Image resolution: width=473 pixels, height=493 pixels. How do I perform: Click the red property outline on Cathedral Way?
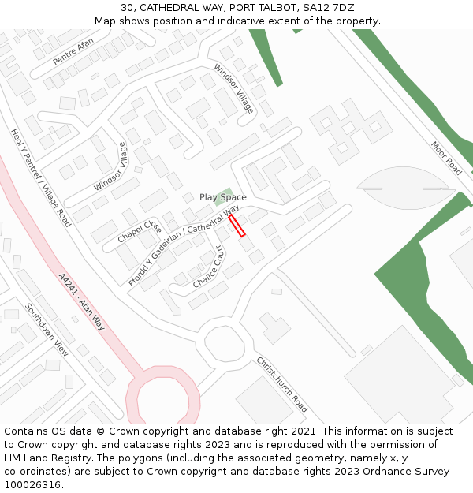[237, 226]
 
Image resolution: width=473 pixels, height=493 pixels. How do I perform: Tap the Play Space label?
[222, 197]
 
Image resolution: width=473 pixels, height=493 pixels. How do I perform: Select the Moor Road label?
[446, 158]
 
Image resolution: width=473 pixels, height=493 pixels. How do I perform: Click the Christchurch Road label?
[281, 384]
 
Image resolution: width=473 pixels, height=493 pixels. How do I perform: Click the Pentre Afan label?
[73, 51]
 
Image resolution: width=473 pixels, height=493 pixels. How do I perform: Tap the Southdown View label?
[47, 329]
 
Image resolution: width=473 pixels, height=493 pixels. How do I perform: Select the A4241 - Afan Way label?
[82, 301]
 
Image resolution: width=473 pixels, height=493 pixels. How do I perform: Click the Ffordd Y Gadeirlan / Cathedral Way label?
[184, 245]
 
